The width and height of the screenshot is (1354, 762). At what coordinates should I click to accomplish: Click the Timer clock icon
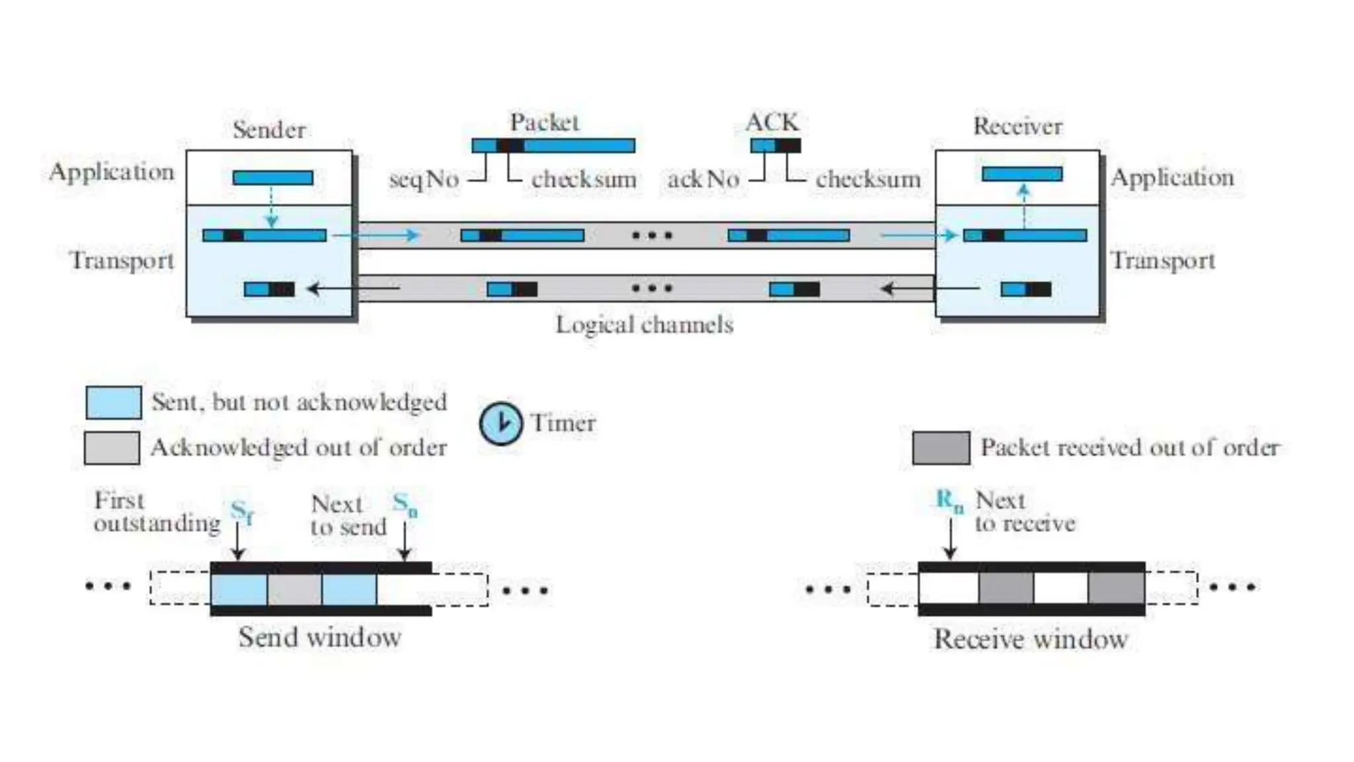click(500, 423)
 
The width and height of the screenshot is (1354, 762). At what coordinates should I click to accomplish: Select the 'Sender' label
click(269, 130)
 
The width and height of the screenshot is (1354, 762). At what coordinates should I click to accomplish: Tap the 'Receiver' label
click(1017, 126)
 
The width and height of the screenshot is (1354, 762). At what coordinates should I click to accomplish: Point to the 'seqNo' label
click(424, 179)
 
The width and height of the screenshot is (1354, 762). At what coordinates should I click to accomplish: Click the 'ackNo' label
click(703, 179)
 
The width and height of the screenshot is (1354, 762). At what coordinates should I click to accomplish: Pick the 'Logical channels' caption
click(645, 325)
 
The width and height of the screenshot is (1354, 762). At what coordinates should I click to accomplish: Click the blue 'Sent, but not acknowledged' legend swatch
click(113, 402)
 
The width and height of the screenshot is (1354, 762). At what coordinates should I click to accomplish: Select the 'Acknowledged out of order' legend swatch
click(112, 448)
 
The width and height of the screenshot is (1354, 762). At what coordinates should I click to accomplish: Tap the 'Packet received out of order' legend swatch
click(941, 448)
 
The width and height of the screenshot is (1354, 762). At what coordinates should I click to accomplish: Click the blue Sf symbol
click(242, 511)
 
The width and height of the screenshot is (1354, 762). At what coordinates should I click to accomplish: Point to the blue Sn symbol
click(405, 505)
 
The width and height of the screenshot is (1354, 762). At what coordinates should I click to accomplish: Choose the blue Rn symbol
click(949, 501)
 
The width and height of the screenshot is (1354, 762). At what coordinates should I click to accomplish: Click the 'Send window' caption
click(320, 638)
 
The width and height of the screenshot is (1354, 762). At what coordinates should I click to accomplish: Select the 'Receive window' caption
click(1031, 640)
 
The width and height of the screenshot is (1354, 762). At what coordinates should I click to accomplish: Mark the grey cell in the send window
click(295, 589)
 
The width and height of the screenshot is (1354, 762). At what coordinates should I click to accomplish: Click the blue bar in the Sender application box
click(272, 177)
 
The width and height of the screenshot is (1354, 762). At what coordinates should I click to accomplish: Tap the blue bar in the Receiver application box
click(1022, 174)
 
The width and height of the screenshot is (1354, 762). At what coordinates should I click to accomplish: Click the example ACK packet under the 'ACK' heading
click(775, 145)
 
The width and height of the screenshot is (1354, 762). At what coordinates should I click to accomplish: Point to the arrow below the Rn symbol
click(950, 539)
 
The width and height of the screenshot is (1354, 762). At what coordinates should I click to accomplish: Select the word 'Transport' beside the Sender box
click(122, 261)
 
